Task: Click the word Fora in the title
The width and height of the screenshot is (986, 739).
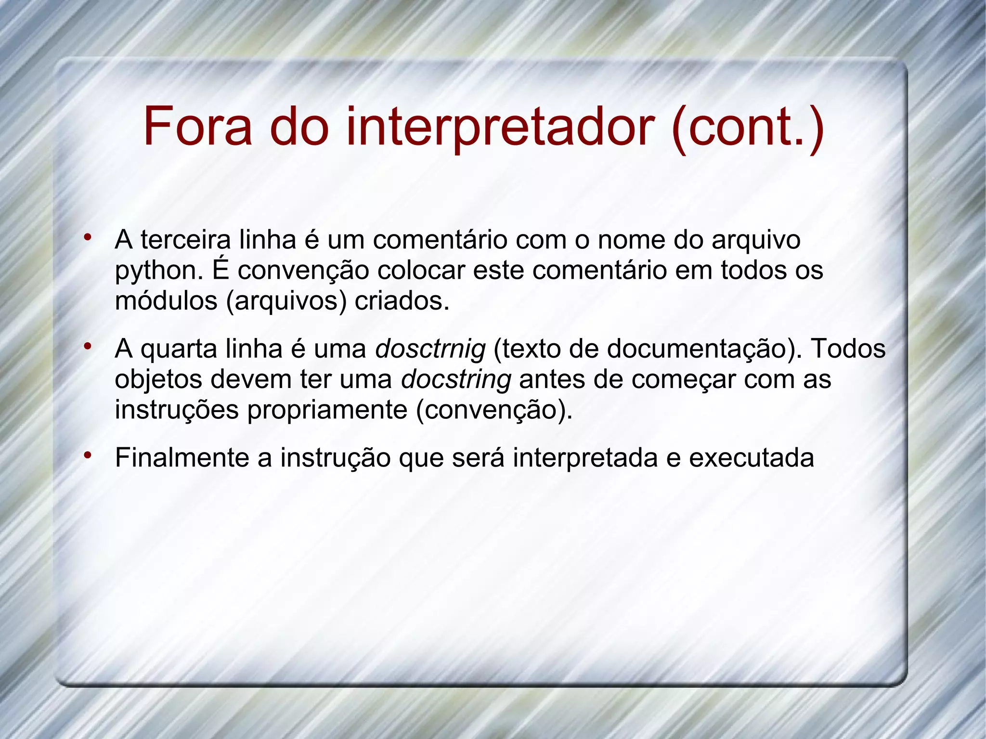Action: pos(197,127)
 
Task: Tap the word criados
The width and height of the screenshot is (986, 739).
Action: pos(402,301)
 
